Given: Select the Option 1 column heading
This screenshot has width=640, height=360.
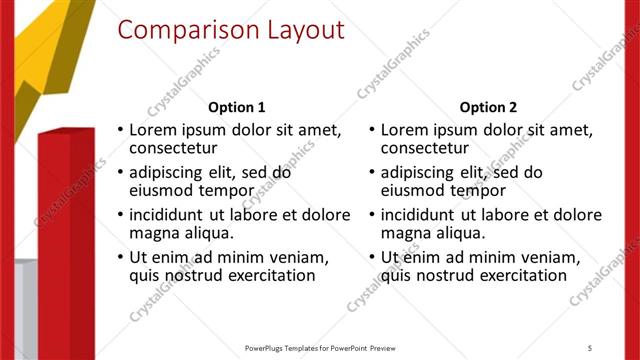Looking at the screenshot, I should (x=236, y=107).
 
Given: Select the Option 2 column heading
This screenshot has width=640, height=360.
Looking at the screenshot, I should (x=489, y=107).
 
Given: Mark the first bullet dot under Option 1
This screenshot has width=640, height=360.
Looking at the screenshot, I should (x=121, y=130).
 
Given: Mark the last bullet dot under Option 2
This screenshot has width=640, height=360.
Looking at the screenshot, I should (x=373, y=257).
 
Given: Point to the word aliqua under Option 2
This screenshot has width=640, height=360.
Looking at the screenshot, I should (x=458, y=233).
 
